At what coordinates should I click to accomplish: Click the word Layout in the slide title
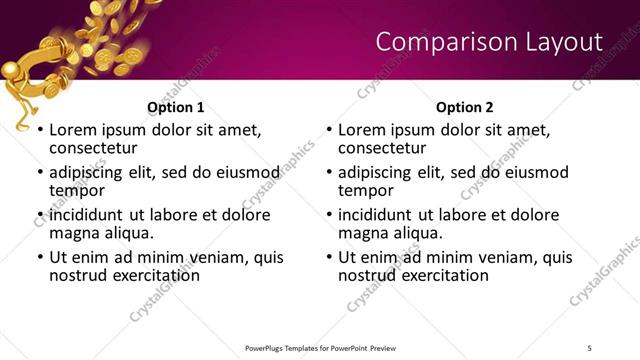[x=565, y=41]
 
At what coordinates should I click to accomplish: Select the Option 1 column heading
[x=176, y=107]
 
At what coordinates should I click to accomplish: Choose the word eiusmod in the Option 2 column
[x=534, y=172]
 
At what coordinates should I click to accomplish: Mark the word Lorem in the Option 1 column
[x=72, y=130]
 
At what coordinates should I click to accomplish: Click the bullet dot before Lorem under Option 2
[x=330, y=131]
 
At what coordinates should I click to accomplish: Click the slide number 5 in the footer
[x=590, y=347]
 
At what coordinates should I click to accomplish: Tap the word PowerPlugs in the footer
[x=267, y=347]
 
